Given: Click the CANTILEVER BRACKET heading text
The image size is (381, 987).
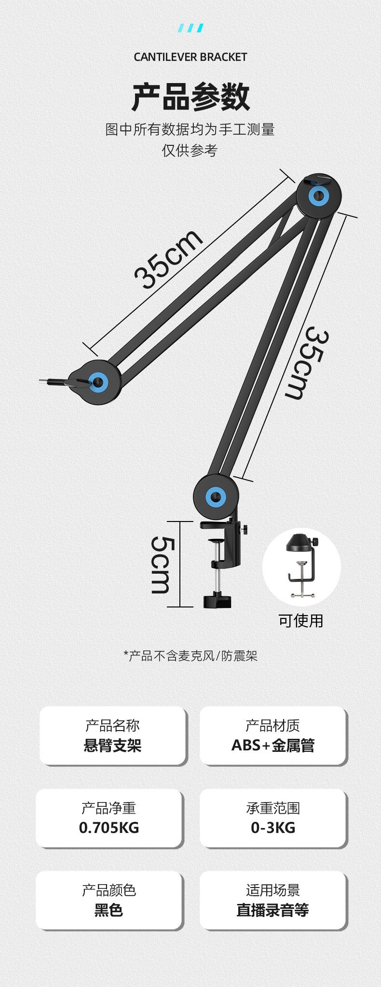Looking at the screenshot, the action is tap(190, 57).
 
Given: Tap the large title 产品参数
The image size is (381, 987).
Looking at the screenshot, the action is tap(190, 97).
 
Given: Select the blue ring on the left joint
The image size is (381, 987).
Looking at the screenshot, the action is tap(99, 382).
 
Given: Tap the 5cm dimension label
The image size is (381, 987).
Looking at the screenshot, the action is tap(161, 564).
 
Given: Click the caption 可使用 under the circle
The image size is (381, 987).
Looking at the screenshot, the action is tap(300, 620).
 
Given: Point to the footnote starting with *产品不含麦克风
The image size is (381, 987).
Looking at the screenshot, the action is tap(190, 655).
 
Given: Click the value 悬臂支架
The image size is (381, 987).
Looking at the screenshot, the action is tap(112, 746).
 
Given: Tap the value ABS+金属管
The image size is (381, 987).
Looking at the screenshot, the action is tap(273, 746).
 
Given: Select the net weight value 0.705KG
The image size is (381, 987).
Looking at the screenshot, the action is tap(109, 828).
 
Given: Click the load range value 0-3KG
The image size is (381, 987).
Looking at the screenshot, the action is tap(273, 828).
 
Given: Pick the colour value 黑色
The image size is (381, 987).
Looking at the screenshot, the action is tap(109, 910).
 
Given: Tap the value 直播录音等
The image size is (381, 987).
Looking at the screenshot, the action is tap(273, 910).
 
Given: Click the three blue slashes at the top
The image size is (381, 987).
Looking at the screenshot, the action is tap(190, 28).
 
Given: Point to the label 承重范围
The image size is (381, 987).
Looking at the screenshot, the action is tap(273, 808).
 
